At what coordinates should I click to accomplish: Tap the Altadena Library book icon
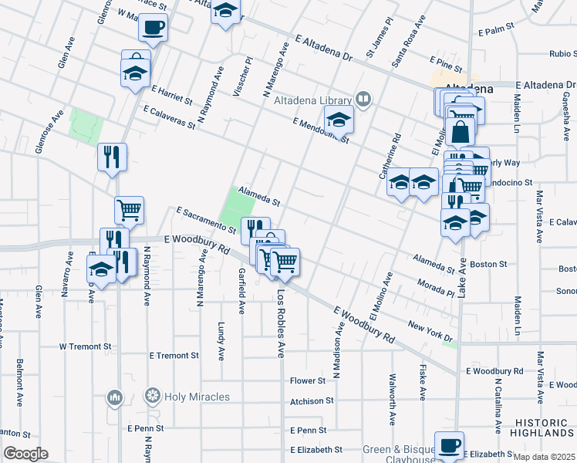tap(363, 99)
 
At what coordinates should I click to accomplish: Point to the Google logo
tap(25, 454)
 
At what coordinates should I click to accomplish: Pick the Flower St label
tap(308, 381)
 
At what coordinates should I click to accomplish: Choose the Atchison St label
tap(312, 401)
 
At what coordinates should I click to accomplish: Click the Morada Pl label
tap(438, 288)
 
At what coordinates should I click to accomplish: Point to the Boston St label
tap(488, 264)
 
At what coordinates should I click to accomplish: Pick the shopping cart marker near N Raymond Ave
tap(130, 209)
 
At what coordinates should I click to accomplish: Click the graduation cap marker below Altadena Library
tap(338, 120)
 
